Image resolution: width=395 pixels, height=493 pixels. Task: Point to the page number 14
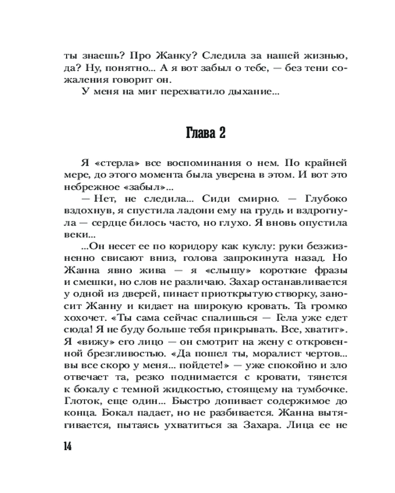pos(68,447)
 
